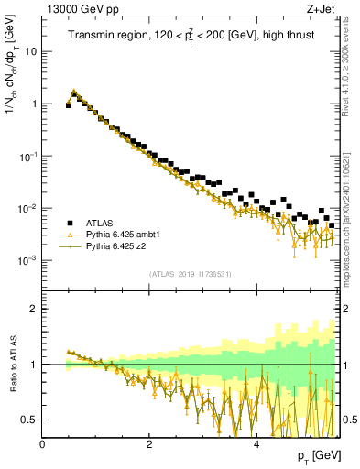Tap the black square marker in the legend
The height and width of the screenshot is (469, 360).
click(x=70, y=223)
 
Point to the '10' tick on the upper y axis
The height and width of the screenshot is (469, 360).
click(x=30, y=51)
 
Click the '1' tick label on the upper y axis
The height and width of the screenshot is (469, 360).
click(x=34, y=104)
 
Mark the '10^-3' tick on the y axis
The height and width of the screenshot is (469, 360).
click(x=27, y=261)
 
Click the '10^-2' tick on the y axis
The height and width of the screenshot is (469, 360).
click(x=27, y=209)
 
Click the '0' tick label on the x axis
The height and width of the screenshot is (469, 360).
click(x=42, y=444)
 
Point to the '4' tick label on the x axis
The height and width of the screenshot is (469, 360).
click(x=256, y=444)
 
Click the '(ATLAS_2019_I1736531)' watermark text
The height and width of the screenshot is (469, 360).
click(x=191, y=273)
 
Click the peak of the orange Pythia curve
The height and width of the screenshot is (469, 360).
click(x=74, y=92)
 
